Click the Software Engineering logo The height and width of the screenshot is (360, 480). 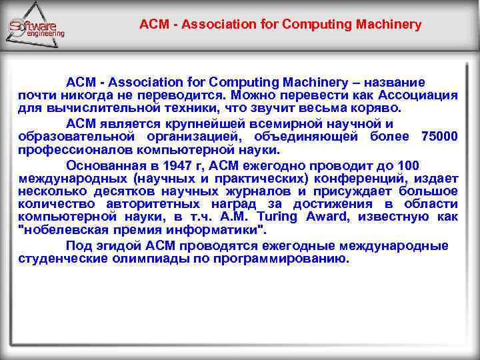[37, 27]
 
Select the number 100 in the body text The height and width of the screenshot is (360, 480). [407, 165]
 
